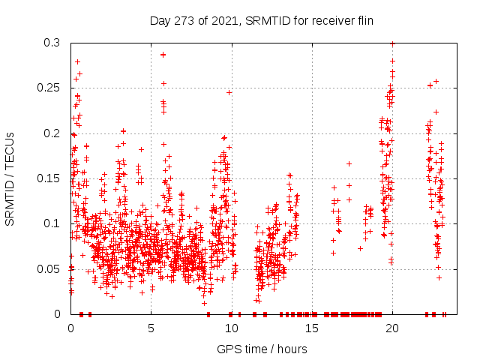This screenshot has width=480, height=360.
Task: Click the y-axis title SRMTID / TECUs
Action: [10, 178]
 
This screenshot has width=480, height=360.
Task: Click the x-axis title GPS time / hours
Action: [262, 349]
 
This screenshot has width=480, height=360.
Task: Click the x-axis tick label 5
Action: [151, 328]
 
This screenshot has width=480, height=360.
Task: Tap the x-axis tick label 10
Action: [231, 328]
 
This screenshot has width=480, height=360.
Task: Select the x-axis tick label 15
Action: [311, 328]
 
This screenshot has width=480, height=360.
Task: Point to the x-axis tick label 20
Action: [391, 328]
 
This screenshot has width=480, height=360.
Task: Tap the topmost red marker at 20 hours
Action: [392, 43]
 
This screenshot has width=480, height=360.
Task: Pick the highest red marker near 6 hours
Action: [163, 54]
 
